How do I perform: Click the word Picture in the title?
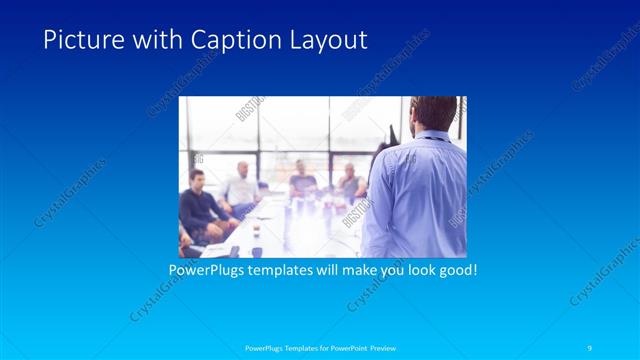(x=77, y=40)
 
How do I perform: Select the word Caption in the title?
(x=204, y=40)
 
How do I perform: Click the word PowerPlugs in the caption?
(x=206, y=270)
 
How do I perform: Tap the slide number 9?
(x=592, y=348)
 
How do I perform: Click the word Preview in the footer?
(x=379, y=348)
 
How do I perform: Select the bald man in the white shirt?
(x=240, y=185)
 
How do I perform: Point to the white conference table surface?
(x=300, y=225)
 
